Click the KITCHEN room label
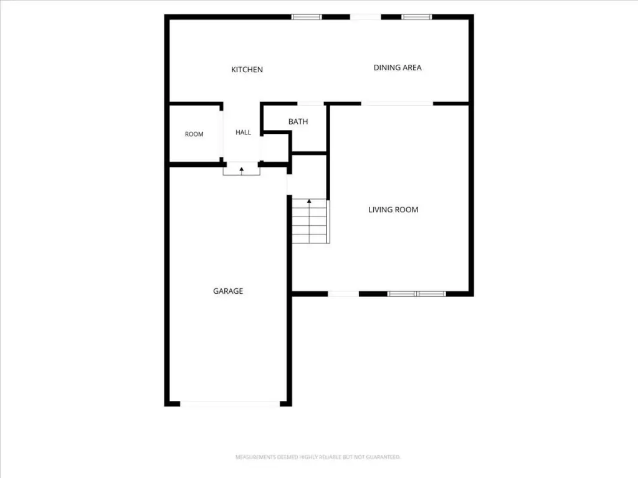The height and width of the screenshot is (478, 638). tap(247, 70)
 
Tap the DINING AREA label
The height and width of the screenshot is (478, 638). tap(398, 67)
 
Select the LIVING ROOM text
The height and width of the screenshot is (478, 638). tap(393, 210)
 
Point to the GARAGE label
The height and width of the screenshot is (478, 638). tap(228, 291)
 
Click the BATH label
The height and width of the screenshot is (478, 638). tap(298, 121)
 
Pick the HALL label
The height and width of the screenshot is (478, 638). tap(244, 132)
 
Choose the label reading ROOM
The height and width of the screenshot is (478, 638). tap(194, 134)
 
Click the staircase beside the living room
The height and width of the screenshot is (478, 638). tap(310, 221)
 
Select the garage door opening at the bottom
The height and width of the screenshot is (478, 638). tap(230, 403)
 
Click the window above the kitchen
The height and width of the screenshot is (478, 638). tap(307, 17)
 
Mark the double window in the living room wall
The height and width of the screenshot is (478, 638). tap(416, 294)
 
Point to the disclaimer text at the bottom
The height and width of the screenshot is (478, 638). tap(318, 457)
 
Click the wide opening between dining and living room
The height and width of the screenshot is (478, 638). tap(397, 104)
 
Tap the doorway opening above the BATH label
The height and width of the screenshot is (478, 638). tap(310, 104)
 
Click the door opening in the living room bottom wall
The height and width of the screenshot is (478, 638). tap(343, 294)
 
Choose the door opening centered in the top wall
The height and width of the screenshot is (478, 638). tap(365, 17)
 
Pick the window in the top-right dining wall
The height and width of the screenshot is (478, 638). tap(417, 17)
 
